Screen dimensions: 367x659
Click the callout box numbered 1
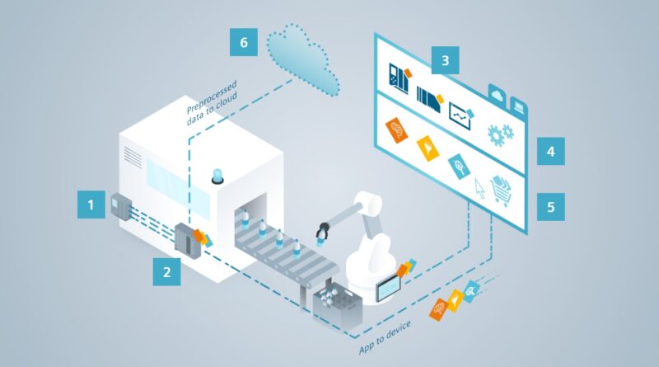(x=91, y=204)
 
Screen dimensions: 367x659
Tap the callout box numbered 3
(x=445, y=60)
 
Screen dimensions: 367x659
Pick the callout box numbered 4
(x=550, y=153)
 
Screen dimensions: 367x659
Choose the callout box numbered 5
(x=550, y=206)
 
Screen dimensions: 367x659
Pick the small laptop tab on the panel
(x=521, y=104)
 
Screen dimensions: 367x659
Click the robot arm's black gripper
(x=321, y=234)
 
